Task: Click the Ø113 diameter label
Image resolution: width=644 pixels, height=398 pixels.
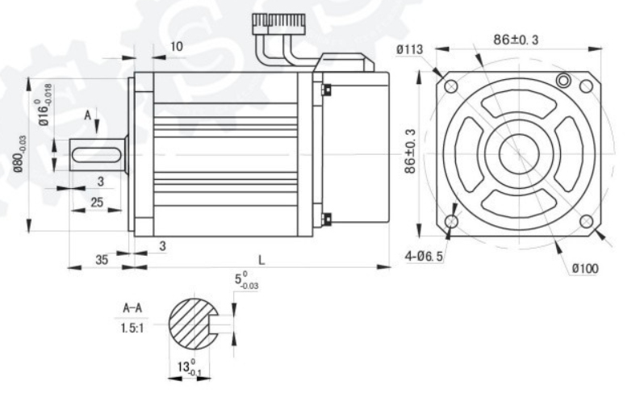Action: click(409, 50)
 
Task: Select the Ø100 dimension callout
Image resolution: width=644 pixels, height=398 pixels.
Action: click(585, 269)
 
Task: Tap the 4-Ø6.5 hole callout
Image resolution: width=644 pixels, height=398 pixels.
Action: click(424, 256)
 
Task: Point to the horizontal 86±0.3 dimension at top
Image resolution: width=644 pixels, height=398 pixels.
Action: click(516, 40)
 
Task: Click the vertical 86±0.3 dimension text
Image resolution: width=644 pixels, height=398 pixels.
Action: click(410, 151)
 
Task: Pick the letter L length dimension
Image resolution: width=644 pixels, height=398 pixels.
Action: click(261, 260)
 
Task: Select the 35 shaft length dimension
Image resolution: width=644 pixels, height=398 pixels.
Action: click(102, 260)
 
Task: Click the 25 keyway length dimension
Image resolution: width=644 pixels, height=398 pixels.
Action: click(97, 202)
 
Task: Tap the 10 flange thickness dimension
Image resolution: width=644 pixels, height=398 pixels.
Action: click(176, 46)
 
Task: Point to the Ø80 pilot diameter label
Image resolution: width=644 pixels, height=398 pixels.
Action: click(19, 154)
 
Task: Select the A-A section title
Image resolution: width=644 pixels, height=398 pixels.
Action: click(132, 308)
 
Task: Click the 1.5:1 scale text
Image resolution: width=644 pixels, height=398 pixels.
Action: click(132, 329)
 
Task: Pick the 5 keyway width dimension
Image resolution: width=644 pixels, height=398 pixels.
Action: click(246, 280)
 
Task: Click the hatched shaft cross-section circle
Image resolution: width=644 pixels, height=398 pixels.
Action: click(193, 324)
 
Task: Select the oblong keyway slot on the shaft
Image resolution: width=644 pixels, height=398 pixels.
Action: click(97, 155)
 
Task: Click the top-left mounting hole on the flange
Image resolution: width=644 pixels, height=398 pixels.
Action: click(451, 86)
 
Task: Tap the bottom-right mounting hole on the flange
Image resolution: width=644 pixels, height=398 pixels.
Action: click(587, 222)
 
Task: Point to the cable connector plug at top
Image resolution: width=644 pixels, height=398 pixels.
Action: click(279, 20)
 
